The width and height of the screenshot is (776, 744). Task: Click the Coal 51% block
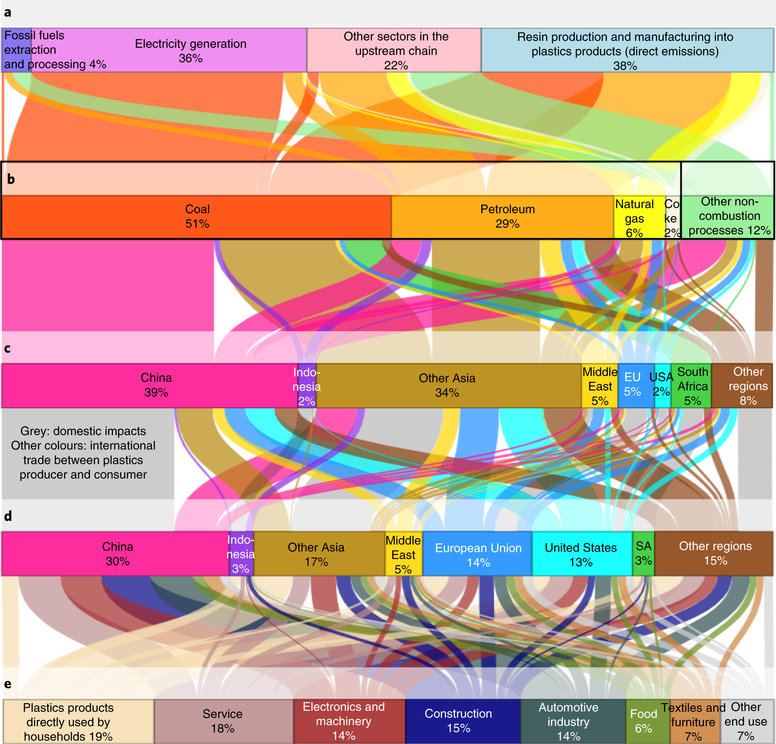197,217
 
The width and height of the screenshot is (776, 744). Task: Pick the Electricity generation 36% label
190,51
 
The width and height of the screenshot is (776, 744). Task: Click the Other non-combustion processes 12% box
728,216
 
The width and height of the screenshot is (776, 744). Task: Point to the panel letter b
11,179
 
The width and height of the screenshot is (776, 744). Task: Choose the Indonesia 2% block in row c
306,386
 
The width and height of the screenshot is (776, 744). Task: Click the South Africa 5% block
692,386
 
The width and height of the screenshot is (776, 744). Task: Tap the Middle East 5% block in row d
403,554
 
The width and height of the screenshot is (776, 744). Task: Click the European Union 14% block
478,554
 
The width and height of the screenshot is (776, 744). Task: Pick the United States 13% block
581,554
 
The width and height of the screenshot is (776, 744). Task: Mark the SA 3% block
643,553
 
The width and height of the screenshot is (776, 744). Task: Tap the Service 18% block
223,720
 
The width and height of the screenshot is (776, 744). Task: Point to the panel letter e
8,684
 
